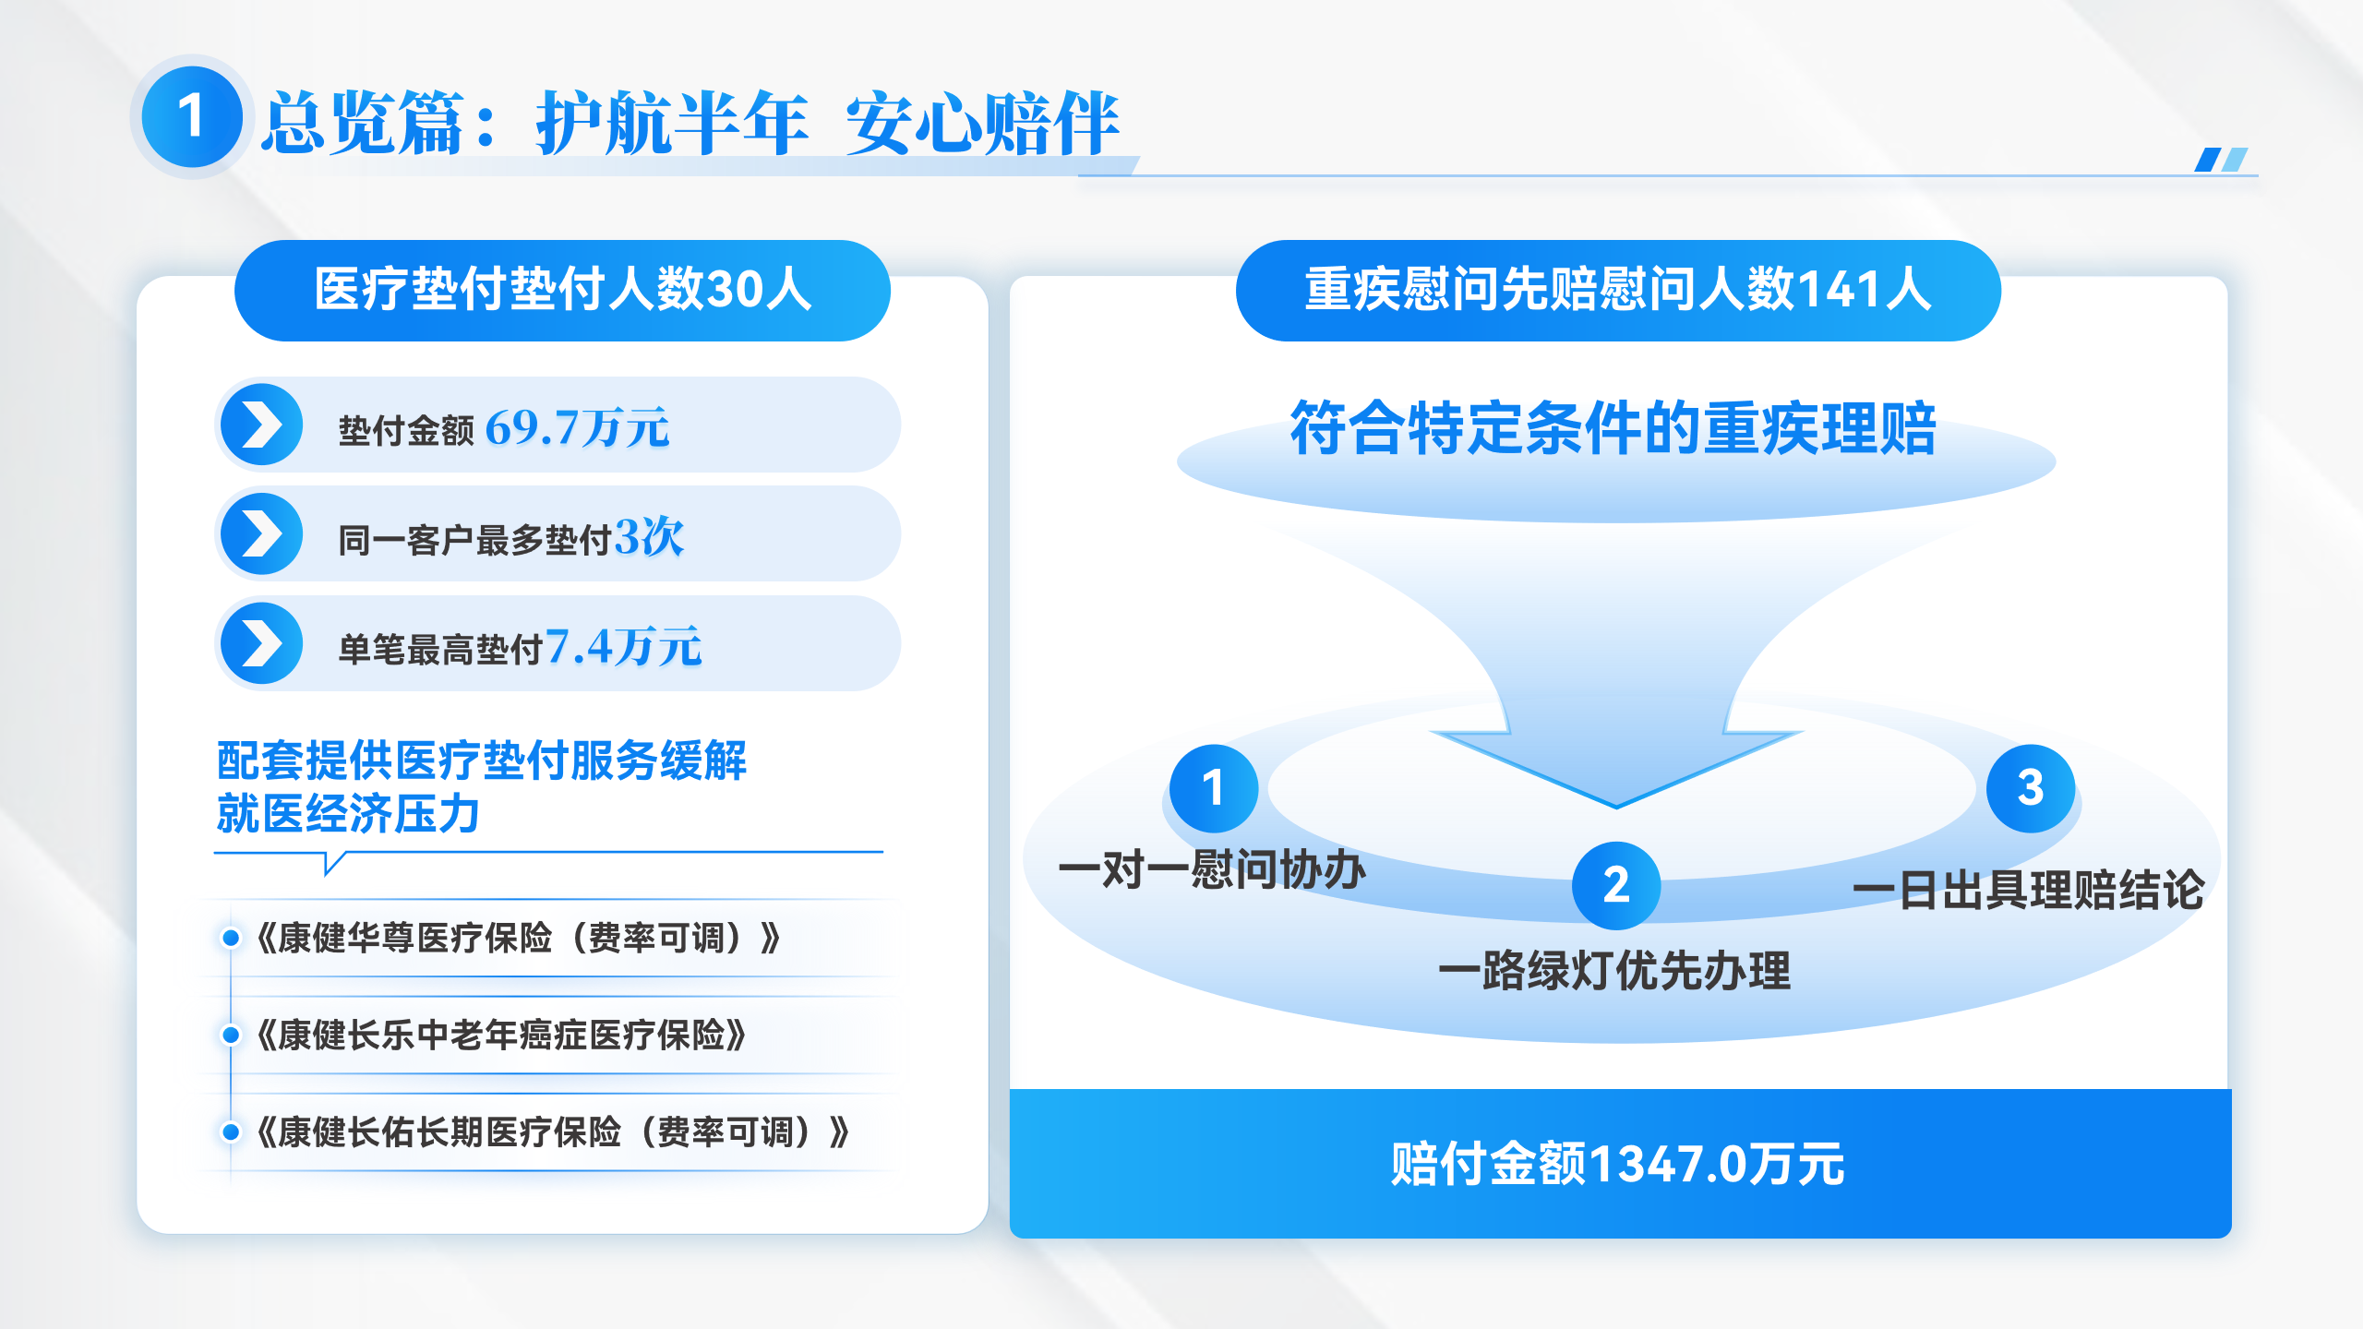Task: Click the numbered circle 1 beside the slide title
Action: (x=192, y=117)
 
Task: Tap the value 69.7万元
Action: (x=577, y=427)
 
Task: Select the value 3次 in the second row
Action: (x=649, y=536)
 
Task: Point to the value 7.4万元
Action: (x=623, y=645)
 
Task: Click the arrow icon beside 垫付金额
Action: (x=262, y=425)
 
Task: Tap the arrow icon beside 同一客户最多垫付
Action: (x=262, y=533)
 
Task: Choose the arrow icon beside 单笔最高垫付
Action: (x=262, y=643)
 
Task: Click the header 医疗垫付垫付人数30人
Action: (x=562, y=290)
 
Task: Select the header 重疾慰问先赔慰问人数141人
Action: (x=1617, y=290)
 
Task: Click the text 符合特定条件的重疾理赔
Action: (x=1613, y=428)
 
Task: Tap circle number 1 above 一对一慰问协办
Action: (x=1213, y=788)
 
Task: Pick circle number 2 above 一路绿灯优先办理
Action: (x=1616, y=885)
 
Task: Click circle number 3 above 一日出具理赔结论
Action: (x=2031, y=788)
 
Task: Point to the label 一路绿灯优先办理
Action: (x=1614, y=971)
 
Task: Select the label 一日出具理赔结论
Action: (x=2028, y=891)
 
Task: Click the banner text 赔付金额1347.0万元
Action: (x=1617, y=1164)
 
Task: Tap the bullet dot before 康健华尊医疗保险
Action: (x=231, y=938)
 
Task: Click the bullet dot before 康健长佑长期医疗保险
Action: (x=231, y=1131)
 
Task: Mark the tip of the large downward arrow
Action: (x=1616, y=808)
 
